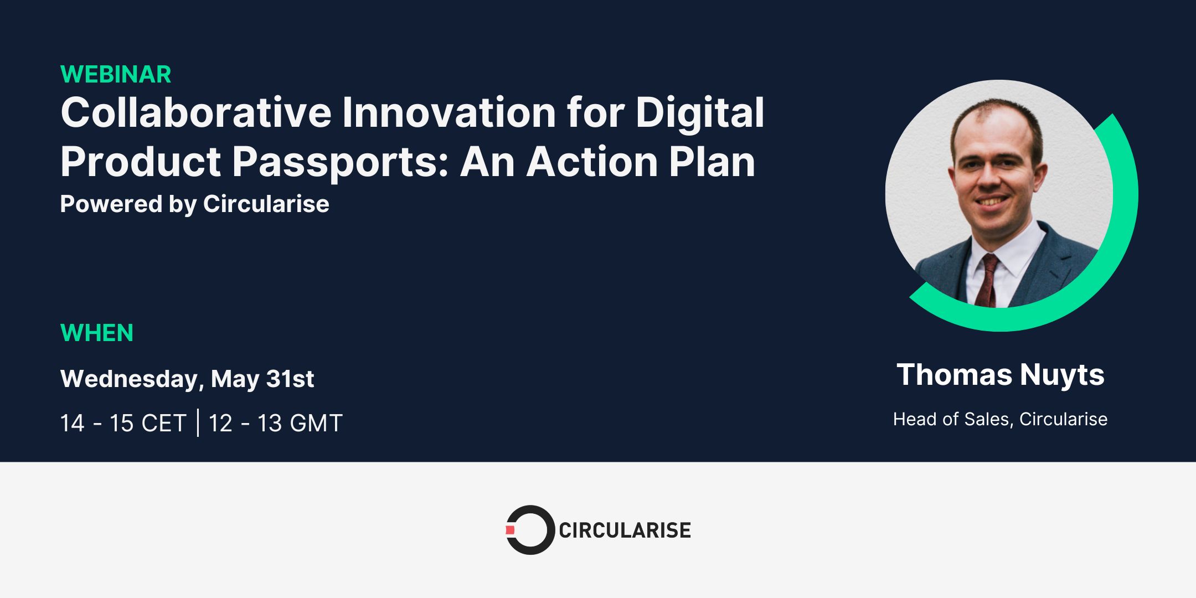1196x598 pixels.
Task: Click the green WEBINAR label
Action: coord(116,74)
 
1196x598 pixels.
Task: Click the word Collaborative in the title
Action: coord(196,113)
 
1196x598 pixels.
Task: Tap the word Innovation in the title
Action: coord(449,113)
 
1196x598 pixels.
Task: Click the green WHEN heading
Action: coord(97,333)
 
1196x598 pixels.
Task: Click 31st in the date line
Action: coord(290,379)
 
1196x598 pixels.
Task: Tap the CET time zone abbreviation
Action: coord(163,424)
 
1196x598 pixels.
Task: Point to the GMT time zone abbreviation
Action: coord(316,424)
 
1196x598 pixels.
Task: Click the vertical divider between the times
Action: coord(198,423)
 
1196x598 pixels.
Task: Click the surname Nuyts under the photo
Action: coord(1062,375)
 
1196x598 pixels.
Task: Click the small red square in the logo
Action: coord(510,530)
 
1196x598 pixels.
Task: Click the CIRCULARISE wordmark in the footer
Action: coord(625,530)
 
